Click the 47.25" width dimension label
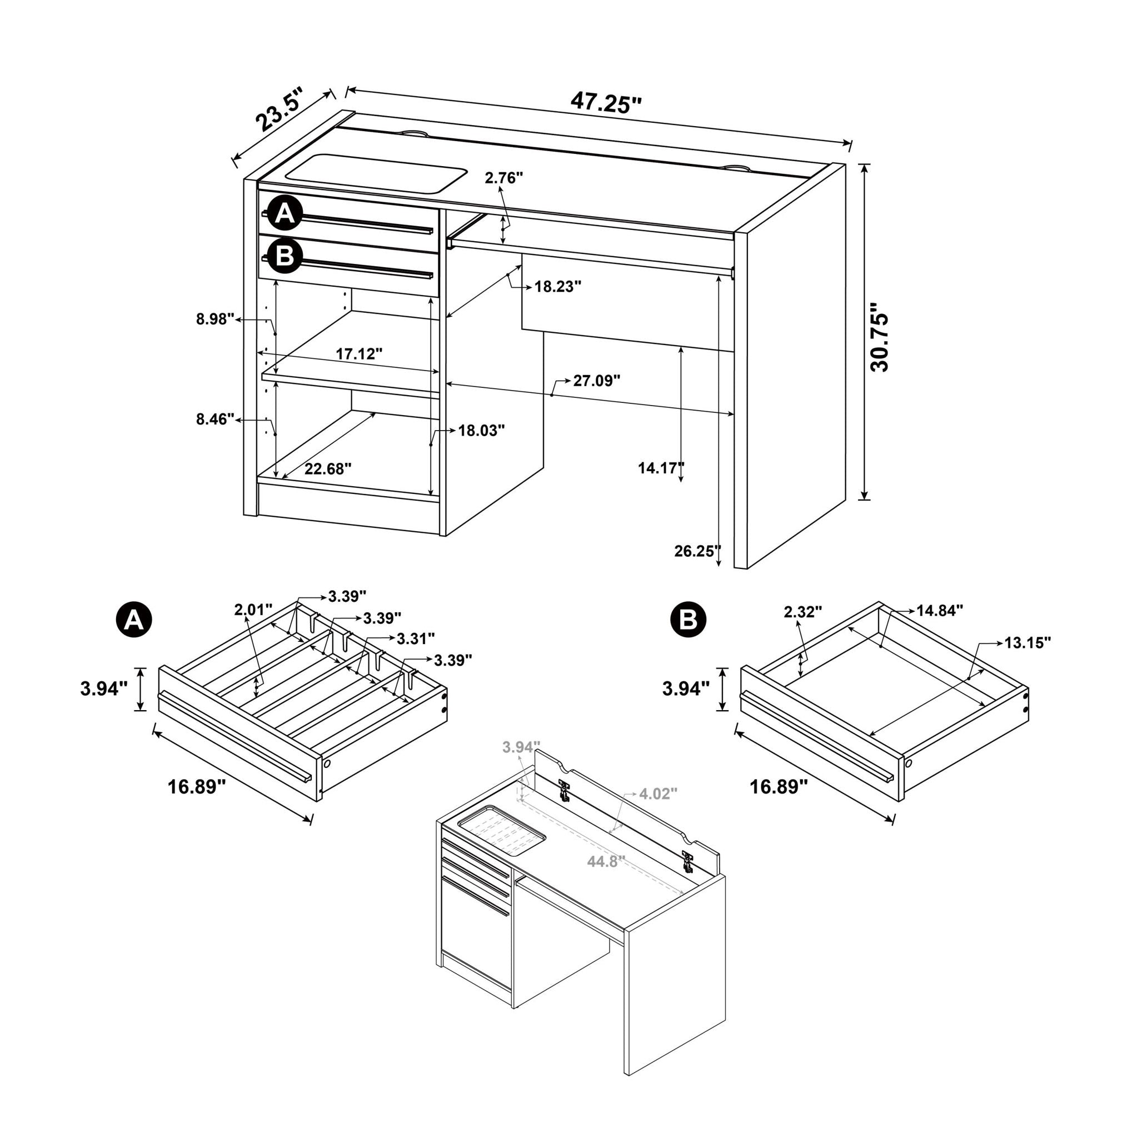click(605, 103)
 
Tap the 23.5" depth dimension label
click(279, 110)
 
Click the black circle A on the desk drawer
click(285, 213)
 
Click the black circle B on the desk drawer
click(285, 257)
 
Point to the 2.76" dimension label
click(503, 177)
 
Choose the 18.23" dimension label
click(558, 287)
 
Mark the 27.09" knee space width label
click(597, 381)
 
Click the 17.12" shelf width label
click(359, 354)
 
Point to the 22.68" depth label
click(327, 469)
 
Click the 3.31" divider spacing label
click(416, 638)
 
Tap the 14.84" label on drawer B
click(940, 610)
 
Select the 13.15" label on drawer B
click(1028, 643)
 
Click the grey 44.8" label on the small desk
click(606, 862)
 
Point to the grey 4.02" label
click(658, 794)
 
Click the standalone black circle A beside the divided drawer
click(134, 620)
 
